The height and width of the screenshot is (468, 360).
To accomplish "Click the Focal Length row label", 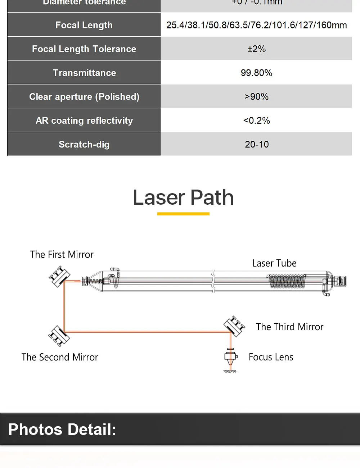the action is (x=84, y=25).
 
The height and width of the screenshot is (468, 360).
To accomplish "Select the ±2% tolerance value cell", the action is (x=256, y=49).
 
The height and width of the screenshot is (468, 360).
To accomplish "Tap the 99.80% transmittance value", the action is (x=256, y=73).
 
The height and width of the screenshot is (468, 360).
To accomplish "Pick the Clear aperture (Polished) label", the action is (x=84, y=97).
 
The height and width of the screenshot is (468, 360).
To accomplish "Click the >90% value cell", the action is (x=256, y=97).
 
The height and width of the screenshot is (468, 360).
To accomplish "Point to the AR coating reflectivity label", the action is (x=84, y=121).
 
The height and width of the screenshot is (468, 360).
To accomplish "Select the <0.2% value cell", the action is (x=256, y=121).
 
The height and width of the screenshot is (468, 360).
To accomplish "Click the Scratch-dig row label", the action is (x=84, y=145).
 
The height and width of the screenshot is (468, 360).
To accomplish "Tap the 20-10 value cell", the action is (x=256, y=145).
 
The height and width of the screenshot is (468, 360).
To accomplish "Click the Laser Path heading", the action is (x=183, y=197).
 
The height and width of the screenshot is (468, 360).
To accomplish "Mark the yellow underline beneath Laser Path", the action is (x=183, y=214).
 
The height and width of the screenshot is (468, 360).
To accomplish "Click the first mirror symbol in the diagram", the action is (x=59, y=276).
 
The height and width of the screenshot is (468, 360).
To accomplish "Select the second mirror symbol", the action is (x=59, y=336).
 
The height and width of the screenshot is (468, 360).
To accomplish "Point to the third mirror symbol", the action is (x=234, y=326).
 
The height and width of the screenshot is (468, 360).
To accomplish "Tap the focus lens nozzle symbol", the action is (x=230, y=358).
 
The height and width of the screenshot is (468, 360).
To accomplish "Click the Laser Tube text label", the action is (x=274, y=263).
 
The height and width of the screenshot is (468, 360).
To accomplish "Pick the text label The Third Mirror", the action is (x=289, y=327).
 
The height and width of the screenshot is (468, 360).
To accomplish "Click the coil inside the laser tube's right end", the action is (x=287, y=281).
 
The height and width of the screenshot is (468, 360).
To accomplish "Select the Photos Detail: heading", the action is (x=62, y=430).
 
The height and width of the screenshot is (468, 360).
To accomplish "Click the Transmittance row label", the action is (x=84, y=73).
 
